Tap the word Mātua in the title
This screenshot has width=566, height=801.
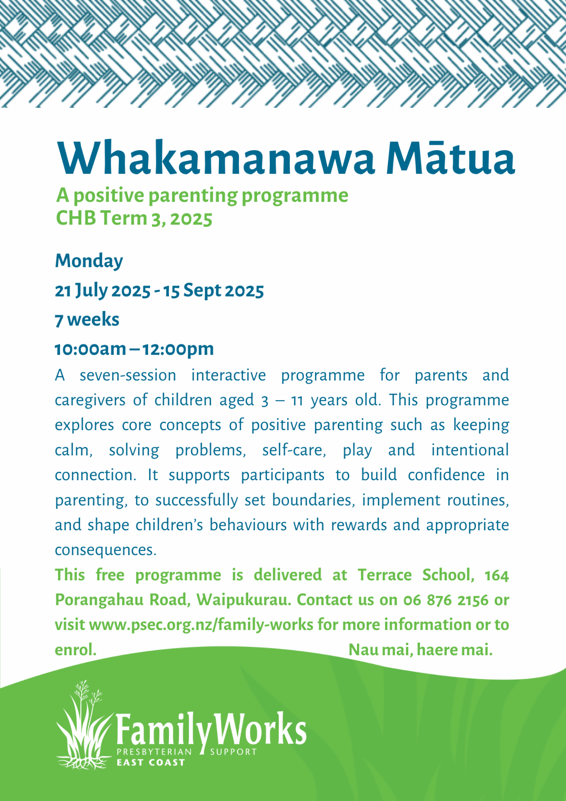coord(450,156)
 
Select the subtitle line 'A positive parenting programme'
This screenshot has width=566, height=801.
coord(202,196)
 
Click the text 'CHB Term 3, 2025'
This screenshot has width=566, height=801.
coord(134,218)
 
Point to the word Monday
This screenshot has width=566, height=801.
coord(89,262)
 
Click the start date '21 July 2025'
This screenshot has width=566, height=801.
coord(103,291)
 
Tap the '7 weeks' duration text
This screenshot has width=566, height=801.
coord(87,320)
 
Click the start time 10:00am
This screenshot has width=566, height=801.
coord(90,349)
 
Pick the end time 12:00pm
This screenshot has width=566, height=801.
coord(178,349)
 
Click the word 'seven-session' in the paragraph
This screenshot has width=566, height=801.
coord(128,375)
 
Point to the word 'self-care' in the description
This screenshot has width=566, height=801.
coord(294,450)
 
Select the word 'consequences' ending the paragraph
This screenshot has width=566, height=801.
coord(106,550)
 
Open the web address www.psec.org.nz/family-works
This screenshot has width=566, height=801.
coord(201,625)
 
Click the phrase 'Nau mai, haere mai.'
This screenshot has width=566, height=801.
coord(420,650)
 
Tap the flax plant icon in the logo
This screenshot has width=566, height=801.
coord(83,726)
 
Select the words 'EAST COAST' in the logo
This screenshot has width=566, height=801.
coord(151,763)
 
